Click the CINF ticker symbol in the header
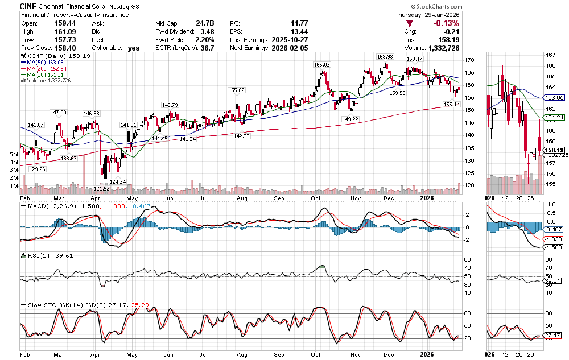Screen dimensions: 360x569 [x=29, y=6]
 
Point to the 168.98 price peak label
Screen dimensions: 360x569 [x=385, y=57]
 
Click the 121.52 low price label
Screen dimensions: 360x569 [x=102, y=188]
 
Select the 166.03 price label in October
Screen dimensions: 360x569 [x=321, y=65]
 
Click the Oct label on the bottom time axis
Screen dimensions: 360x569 [x=316, y=353]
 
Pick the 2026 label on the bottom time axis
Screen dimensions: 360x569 [x=427, y=353]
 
